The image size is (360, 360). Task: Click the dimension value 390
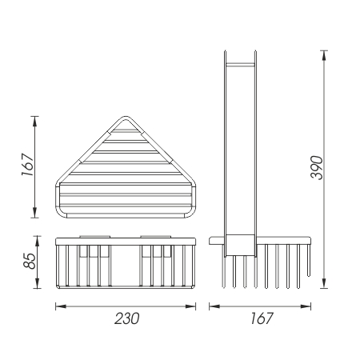point(317,168)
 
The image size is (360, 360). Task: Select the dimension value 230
point(127,318)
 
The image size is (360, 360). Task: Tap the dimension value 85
point(30,261)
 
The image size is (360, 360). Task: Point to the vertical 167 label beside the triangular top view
point(28,164)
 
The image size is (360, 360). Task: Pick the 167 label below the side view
point(262,318)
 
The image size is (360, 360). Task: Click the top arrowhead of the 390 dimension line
point(324,55)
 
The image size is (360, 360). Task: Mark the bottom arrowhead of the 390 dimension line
point(324,283)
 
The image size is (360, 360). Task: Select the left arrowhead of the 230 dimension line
point(61,306)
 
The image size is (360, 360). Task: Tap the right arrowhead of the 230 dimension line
point(190,306)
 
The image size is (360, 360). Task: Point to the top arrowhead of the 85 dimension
point(37,241)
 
